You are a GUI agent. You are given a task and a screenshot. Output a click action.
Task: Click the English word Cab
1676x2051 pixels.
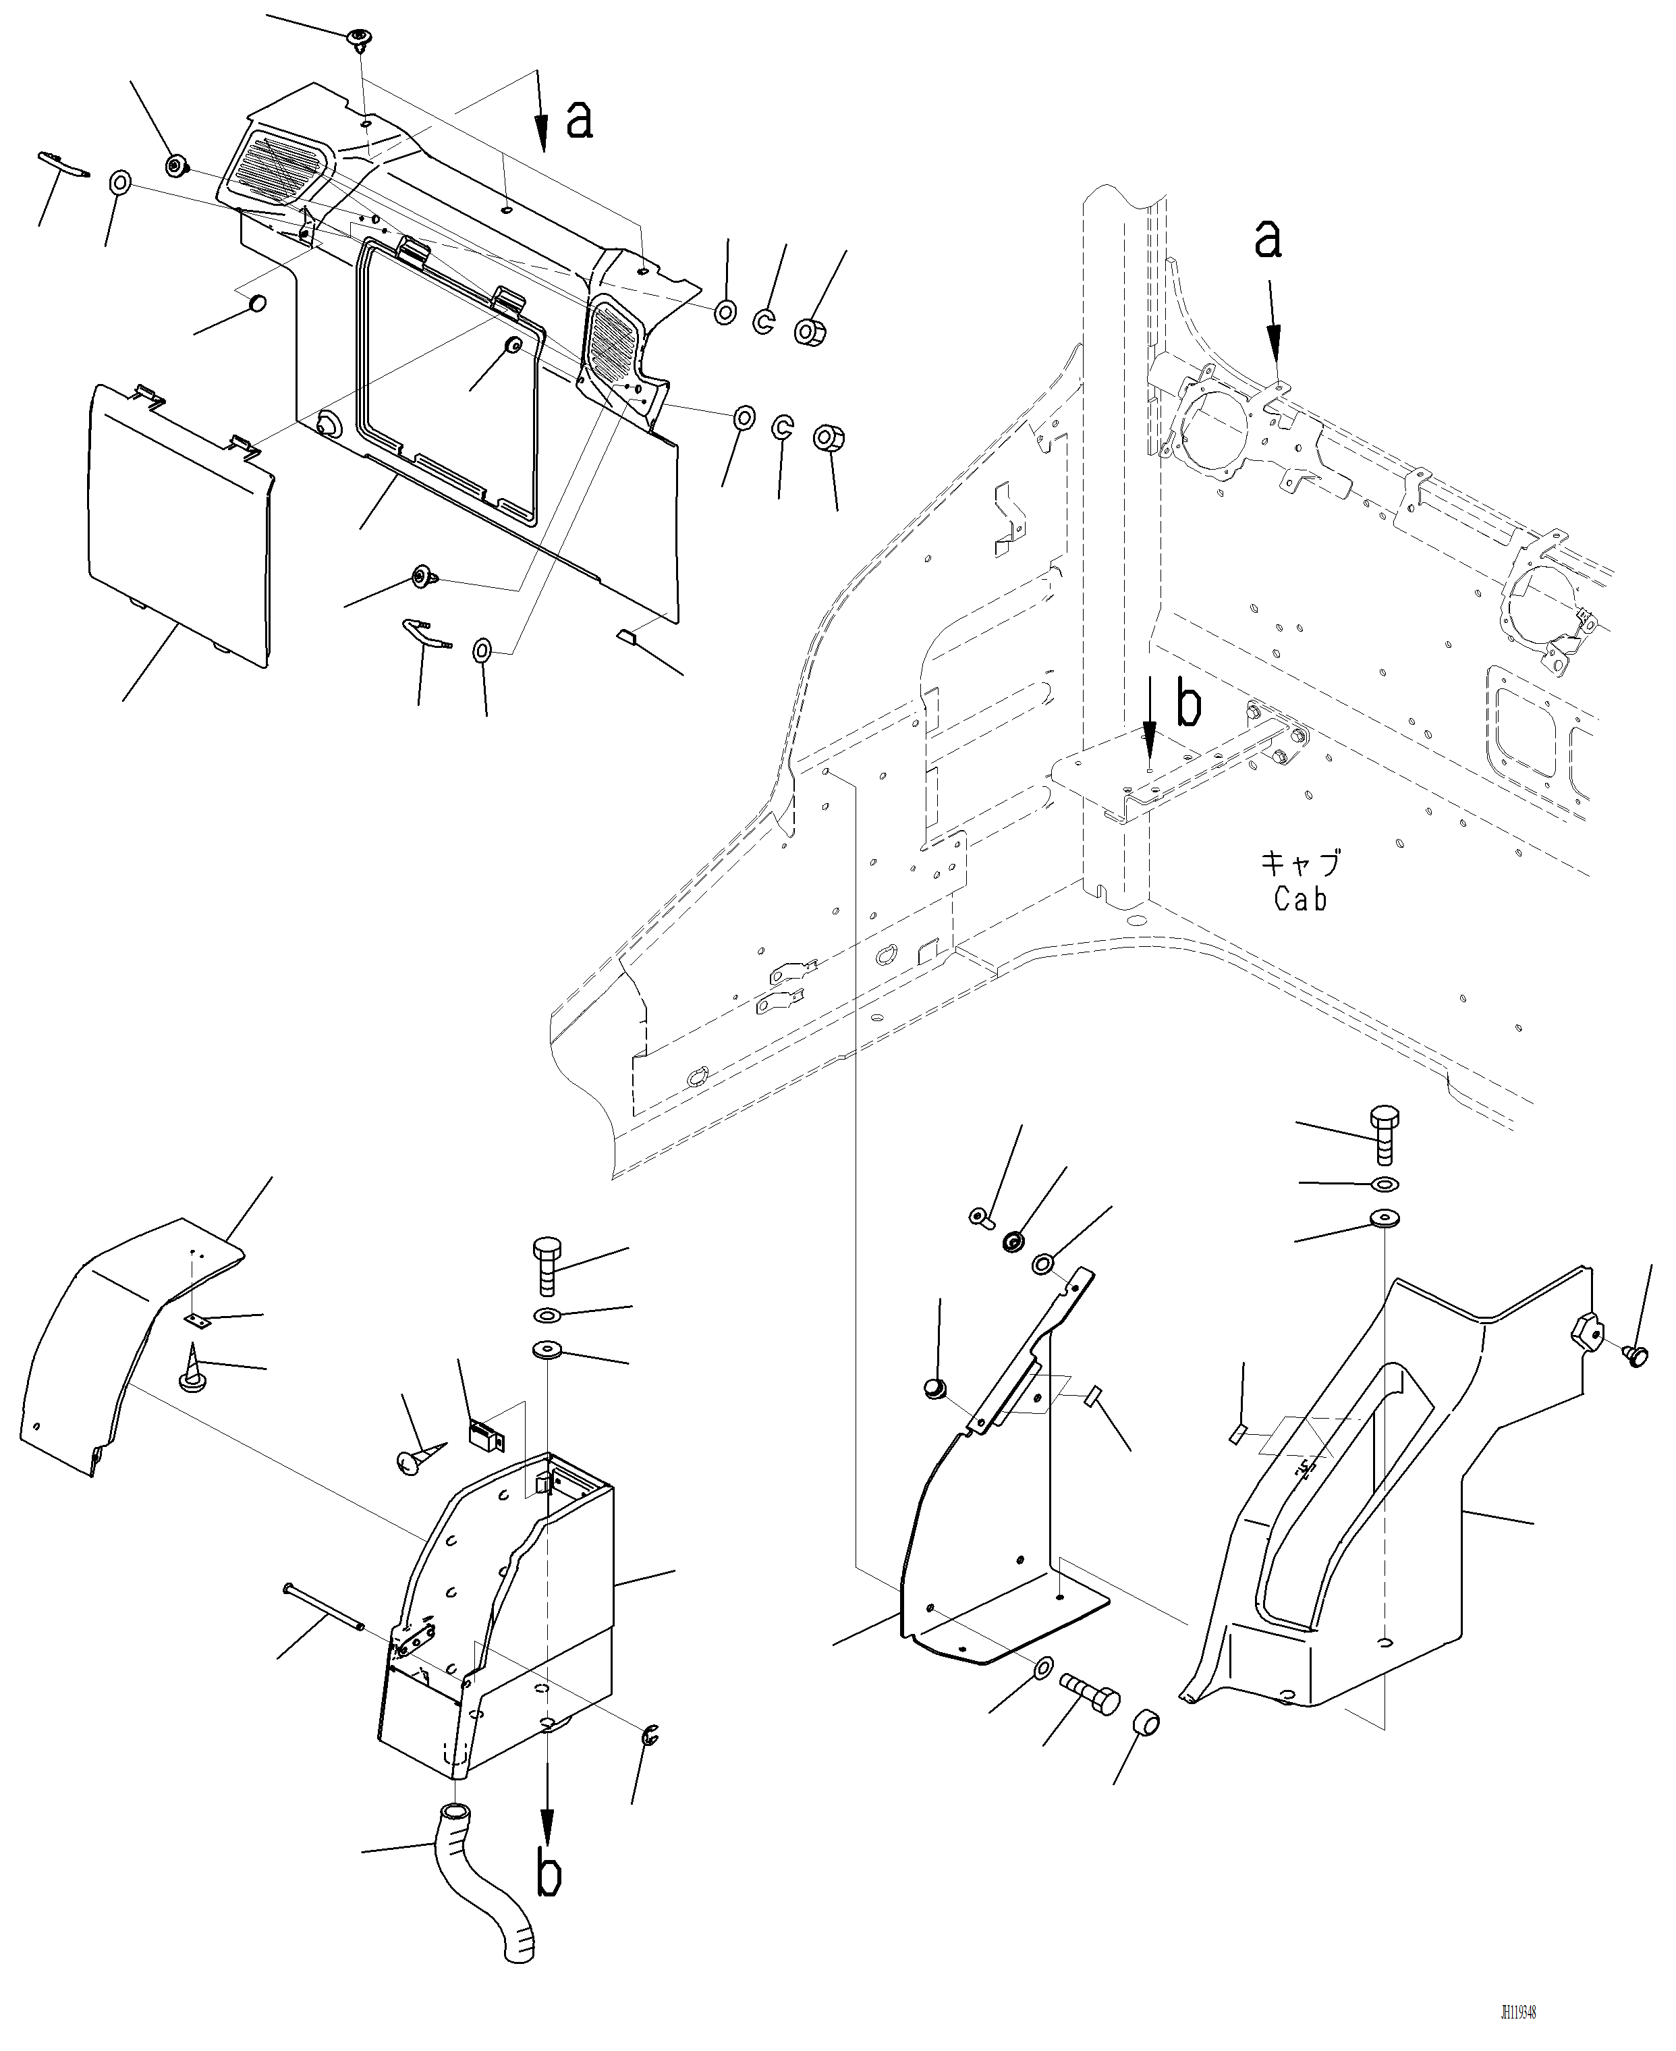[1300, 899]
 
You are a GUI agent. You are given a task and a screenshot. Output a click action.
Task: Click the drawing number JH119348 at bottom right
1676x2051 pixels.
[1517, 2004]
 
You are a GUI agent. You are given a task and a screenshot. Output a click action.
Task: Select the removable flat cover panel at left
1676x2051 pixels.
[179, 522]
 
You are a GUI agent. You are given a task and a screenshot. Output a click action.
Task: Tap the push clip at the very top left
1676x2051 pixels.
[359, 40]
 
